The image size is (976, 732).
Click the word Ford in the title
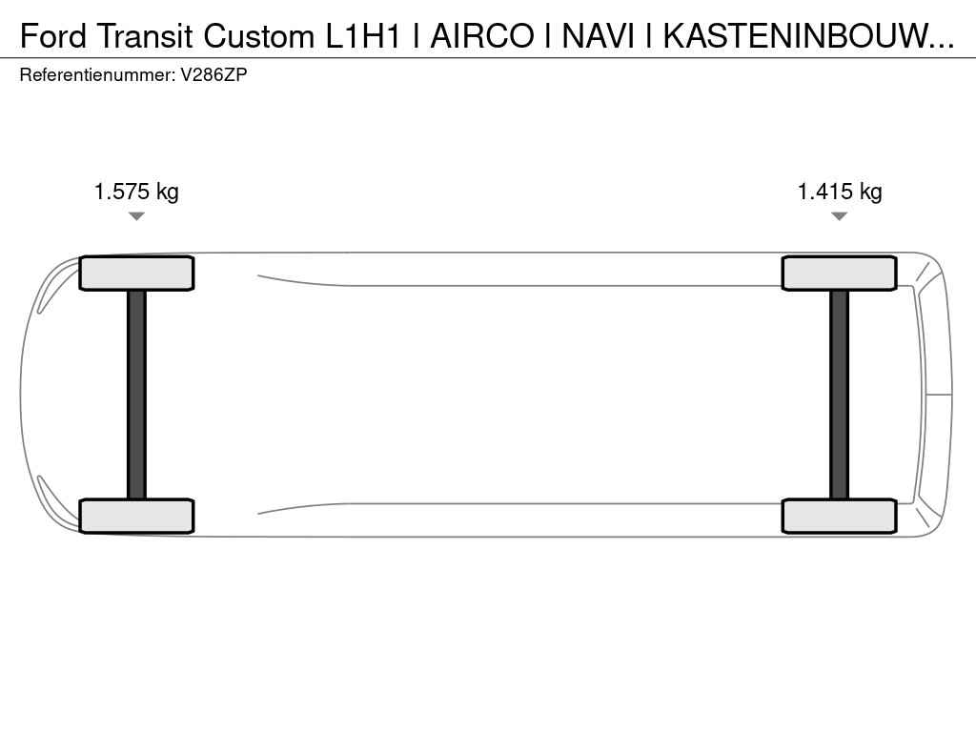click(x=53, y=36)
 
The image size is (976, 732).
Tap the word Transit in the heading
click(x=145, y=36)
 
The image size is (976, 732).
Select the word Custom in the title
click(x=259, y=36)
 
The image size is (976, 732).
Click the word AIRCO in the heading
click(x=482, y=36)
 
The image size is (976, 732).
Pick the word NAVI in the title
click(x=599, y=36)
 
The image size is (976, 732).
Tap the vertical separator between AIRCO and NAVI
click(x=548, y=36)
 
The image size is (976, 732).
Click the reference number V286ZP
click(x=214, y=74)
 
